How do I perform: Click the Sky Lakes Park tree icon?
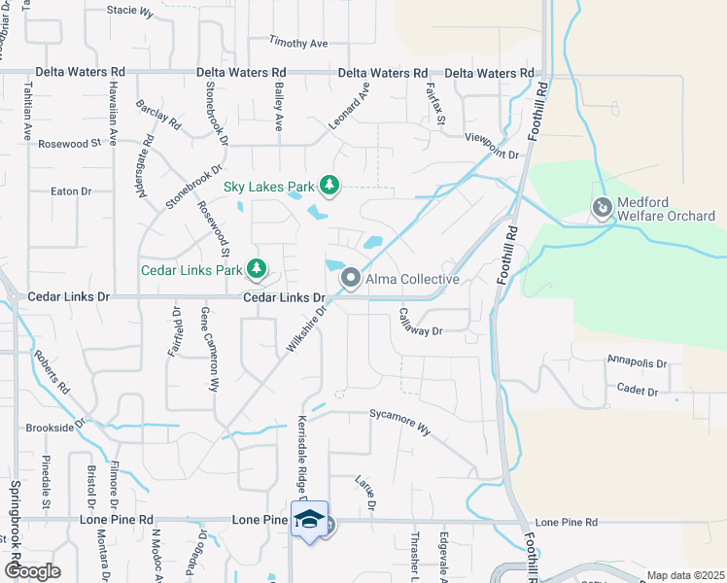(x=329, y=185)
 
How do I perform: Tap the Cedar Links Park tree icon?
(x=257, y=267)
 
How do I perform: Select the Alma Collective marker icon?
(x=351, y=279)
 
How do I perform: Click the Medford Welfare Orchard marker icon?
(x=603, y=208)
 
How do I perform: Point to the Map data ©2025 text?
(x=685, y=575)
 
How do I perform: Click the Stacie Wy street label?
(x=130, y=12)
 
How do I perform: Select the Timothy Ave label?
(x=299, y=44)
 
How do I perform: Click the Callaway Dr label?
(x=421, y=323)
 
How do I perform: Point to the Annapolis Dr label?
(x=637, y=363)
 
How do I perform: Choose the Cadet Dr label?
(x=638, y=391)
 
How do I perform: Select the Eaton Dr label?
(x=70, y=191)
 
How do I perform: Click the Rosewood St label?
(x=69, y=144)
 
